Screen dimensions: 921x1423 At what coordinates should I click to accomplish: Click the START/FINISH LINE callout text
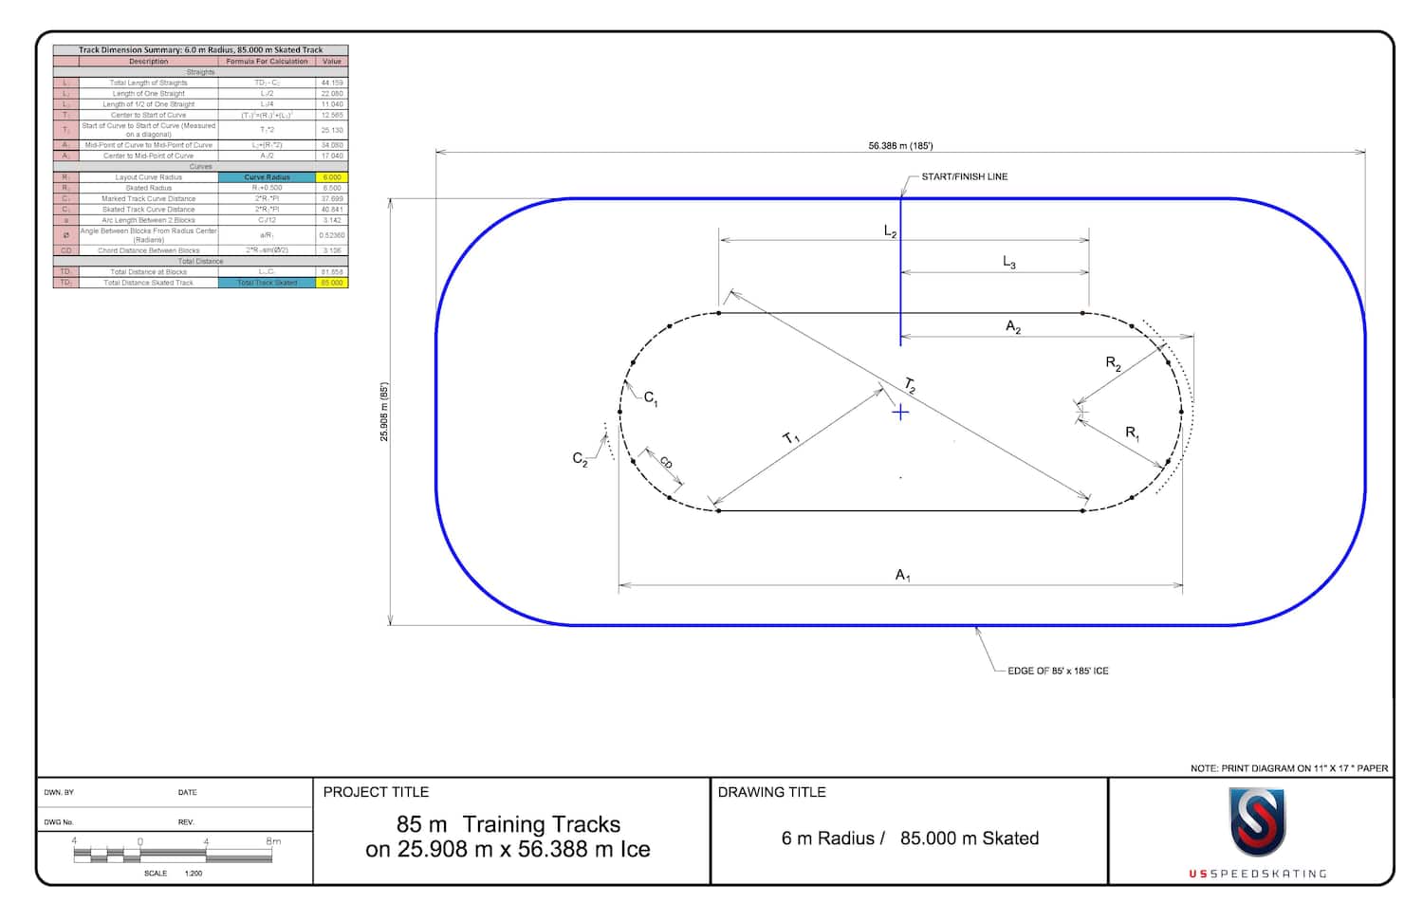click(x=964, y=176)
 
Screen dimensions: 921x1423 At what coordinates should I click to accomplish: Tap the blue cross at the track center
click(x=900, y=412)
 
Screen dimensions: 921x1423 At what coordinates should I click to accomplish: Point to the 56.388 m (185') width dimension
click(x=900, y=146)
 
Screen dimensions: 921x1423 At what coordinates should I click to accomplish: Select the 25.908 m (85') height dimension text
click(x=384, y=412)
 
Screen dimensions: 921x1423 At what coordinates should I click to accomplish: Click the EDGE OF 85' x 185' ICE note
click(x=1058, y=671)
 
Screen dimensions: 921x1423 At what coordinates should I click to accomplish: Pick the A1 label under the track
click(x=903, y=575)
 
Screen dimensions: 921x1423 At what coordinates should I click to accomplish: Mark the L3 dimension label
click(x=1009, y=262)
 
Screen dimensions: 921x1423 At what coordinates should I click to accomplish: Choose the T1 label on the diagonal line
click(x=791, y=437)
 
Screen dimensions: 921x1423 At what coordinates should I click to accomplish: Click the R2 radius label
click(x=1113, y=363)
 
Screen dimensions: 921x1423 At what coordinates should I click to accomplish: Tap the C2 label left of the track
click(x=580, y=459)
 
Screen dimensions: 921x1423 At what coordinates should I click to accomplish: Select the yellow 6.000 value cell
click(x=332, y=177)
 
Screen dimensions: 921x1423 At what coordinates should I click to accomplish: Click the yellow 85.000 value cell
click(x=332, y=283)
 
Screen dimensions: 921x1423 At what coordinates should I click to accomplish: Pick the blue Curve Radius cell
click(x=267, y=177)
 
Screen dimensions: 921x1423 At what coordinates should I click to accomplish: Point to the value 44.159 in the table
click(x=332, y=83)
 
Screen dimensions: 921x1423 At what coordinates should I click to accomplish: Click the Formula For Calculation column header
click(x=267, y=61)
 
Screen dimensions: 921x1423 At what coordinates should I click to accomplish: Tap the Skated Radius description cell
click(x=149, y=188)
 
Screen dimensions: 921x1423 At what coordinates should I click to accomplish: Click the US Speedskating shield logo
click(x=1257, y=822)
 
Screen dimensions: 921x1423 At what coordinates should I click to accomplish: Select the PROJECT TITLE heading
click(x=376, y=792)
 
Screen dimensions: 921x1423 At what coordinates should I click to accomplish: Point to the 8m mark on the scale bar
click(x=273, y=841)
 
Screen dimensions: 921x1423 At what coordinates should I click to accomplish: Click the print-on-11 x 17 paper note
click(x=1288, y=768)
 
